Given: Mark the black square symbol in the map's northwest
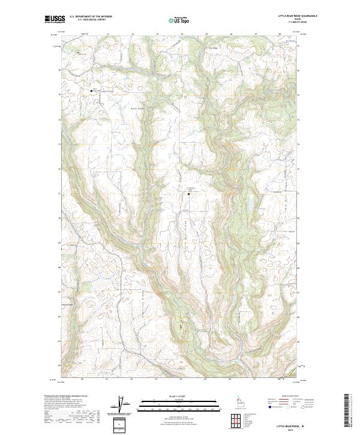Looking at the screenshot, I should [91, 91].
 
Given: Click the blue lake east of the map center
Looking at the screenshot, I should [245, 206].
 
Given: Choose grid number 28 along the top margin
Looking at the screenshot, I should [280, 34].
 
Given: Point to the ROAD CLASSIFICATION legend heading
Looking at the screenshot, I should [290, 397].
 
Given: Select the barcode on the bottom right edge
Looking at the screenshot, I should [352, 410].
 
